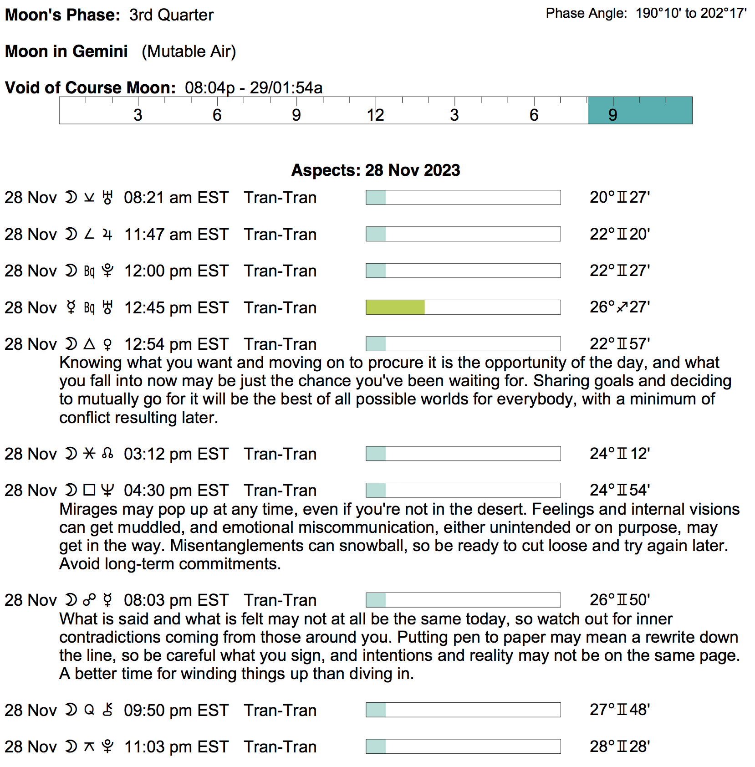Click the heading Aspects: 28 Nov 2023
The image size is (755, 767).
click(x=376, y=170)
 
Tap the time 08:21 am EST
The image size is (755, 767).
click(x=176, y=198)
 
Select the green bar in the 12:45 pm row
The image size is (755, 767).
click(x=395, y=307)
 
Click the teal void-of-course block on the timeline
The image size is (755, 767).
click(x=640, y=110)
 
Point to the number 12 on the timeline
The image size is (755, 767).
click(x=376, y=115)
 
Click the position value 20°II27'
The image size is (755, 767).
click(x=620, y=198)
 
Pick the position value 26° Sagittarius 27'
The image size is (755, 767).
click(x=620, y=307)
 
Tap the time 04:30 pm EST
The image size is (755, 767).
click(x=176, y=491)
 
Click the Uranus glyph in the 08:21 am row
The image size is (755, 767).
click(x=107, y=198)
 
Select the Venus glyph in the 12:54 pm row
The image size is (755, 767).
click(x=107, y=344)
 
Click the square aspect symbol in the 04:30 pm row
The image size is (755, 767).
click(x=90, y=490)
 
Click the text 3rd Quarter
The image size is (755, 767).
click(x=171, y=15)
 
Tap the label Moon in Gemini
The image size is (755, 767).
click(x=66, y=51)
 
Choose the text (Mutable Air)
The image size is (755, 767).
click(x=189, y=51)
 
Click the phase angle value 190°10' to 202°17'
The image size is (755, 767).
click(x=691, y=14)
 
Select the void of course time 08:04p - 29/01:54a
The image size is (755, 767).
click(x=254, y=87)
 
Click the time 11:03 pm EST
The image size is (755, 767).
click(x=176, y=747)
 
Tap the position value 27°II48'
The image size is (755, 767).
click(x=620, y=710)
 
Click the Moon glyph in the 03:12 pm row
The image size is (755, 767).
click(x=71, y=454)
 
